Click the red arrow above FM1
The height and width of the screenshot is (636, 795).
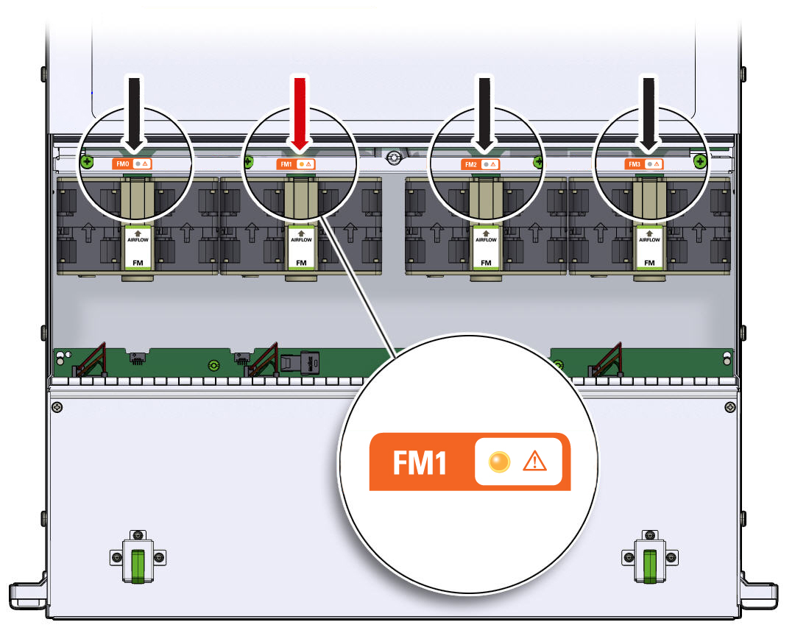pyautogui.click(x=300, y=110)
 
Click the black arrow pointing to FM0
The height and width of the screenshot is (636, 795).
pyautogui.click(x=134, y=110)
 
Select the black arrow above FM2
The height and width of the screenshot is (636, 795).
pyautogui.click(x=484, y=110)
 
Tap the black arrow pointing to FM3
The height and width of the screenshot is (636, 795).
pyautogui.click(x=649, y=110)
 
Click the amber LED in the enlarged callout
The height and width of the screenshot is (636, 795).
pyautogui.click(x=499, y=462)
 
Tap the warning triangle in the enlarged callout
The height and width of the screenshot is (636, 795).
pyautogui.click(x=534, y=462)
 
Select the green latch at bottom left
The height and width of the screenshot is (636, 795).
pyautogui.click(x=137, y=565)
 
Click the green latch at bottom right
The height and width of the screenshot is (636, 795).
pyautogui.click(x=649, y=565)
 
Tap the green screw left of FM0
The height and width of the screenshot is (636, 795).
pyautogui.click(x=88, y=161)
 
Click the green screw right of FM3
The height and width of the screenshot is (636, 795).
pyautogui.click(x=699, y=160)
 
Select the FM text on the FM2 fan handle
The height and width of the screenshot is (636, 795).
pyautogui.click(x=486, y=262)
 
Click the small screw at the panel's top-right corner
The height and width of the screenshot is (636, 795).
pyautogui.click(x=729, y=407)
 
